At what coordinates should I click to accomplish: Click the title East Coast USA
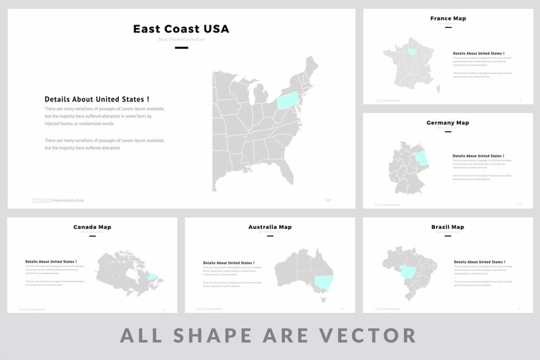(181, 29)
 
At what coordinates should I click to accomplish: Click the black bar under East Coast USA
(181, 48)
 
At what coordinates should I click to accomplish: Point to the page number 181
(328, 200)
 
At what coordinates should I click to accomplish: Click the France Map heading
(448, 18)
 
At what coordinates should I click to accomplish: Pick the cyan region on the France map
(412, 51)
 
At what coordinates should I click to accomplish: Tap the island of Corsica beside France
(438, 90)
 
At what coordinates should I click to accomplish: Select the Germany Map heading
(448, 123)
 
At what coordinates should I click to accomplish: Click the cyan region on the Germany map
(421, 158)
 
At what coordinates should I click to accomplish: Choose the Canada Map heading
(92, 227)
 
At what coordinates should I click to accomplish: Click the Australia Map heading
(270, 227)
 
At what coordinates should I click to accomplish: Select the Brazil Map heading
(448, 227)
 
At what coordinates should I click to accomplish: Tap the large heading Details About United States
(97, 99)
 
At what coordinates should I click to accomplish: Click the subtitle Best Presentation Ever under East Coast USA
(181, 40)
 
